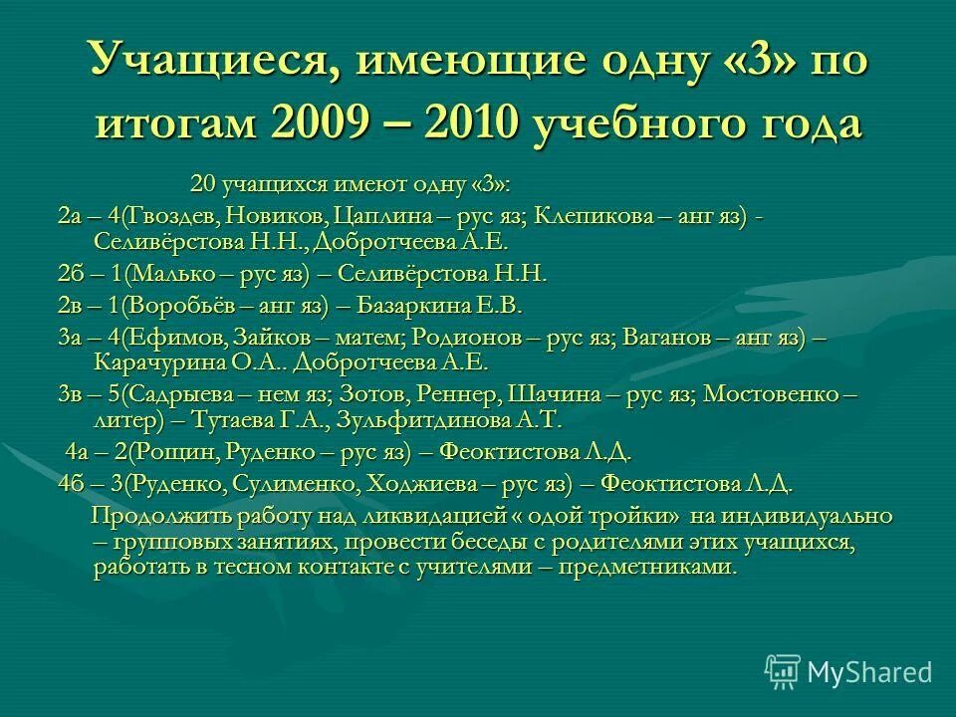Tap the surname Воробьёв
[x=178, y=306]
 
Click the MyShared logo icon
[x=783, y=672]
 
